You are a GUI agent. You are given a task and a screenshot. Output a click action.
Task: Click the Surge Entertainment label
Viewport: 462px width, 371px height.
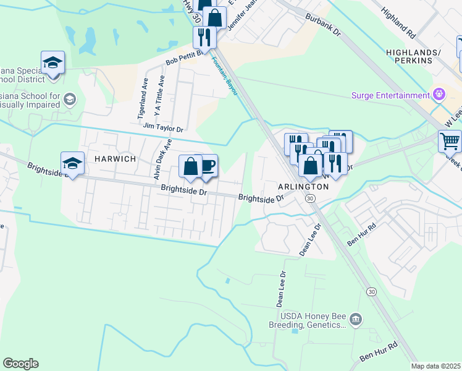click(x=390, y=95)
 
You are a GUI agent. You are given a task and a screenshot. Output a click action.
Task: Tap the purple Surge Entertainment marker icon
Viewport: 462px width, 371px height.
click(x=439, y=95)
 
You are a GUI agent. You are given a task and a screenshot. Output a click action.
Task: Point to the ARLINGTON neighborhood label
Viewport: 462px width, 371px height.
click(x=303, y=186)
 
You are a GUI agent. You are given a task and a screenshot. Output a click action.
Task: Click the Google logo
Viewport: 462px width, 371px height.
click(x=20, y=364)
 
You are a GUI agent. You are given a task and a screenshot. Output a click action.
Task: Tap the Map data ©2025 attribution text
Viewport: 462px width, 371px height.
click(x=435, y=366)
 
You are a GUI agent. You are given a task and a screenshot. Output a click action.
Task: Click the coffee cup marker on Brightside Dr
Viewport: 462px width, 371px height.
click(x=208, y=166)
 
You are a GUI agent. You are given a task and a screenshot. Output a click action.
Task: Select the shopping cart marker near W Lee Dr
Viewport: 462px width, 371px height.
click(x=450, y=141)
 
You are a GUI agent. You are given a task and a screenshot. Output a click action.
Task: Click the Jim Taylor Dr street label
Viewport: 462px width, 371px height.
click(x=163, y=128)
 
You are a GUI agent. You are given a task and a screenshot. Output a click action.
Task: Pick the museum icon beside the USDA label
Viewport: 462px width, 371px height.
click(x=355, y=319)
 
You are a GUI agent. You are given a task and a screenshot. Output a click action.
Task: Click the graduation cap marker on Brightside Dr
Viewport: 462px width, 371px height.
click(x=72, y=164)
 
